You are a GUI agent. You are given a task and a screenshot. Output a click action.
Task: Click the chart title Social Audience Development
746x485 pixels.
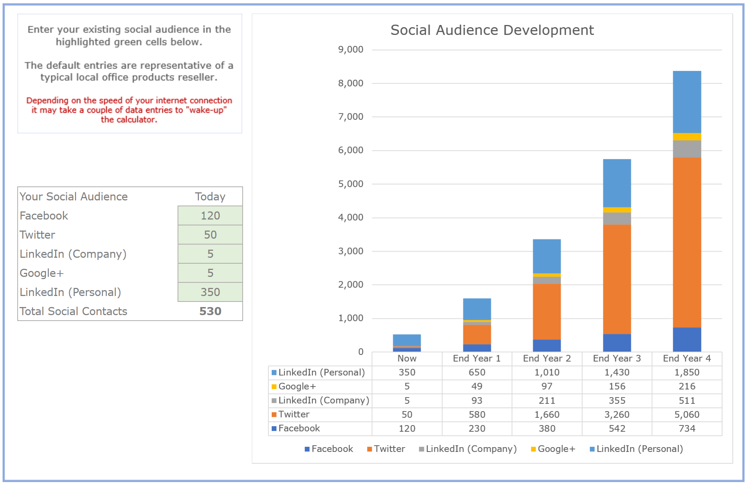click(492, 30)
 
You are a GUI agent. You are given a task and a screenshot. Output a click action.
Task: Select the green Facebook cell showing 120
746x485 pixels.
click(210, 215)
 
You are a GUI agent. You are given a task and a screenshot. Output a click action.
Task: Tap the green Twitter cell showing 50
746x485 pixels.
click(210, 235)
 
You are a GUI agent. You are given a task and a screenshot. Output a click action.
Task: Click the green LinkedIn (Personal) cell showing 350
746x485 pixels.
click(210, 292)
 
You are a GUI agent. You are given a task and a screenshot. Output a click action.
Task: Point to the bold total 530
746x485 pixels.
click(210, 311)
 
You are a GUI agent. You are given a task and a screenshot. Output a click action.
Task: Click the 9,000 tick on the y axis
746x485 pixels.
click(350, 49)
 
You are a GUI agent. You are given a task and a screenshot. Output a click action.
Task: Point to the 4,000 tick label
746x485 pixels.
click(350, 217)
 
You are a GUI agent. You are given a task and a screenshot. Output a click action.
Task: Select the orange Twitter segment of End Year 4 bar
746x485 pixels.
click(686, 243)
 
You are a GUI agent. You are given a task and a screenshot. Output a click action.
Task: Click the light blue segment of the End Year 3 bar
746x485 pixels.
click(617, 183)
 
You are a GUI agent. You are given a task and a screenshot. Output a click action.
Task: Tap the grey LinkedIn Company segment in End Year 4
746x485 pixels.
click(686, 149)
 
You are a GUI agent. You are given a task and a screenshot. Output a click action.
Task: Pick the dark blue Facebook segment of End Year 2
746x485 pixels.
click(547, 345)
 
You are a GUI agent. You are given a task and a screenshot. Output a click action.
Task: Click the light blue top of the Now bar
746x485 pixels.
click(407, 340)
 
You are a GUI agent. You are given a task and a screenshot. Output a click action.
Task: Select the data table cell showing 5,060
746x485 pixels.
click(686, 414)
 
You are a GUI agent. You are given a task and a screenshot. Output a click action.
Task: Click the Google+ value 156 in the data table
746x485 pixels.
click(617, 386)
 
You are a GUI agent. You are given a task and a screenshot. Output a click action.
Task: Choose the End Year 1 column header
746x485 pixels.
click(476, 358)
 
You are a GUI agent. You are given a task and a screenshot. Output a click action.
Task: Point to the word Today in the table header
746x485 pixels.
click(210, 196)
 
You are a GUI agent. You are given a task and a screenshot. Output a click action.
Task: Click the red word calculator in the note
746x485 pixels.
click(136, 120)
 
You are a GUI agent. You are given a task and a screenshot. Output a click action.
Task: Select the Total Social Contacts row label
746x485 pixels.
click(73, 311)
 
